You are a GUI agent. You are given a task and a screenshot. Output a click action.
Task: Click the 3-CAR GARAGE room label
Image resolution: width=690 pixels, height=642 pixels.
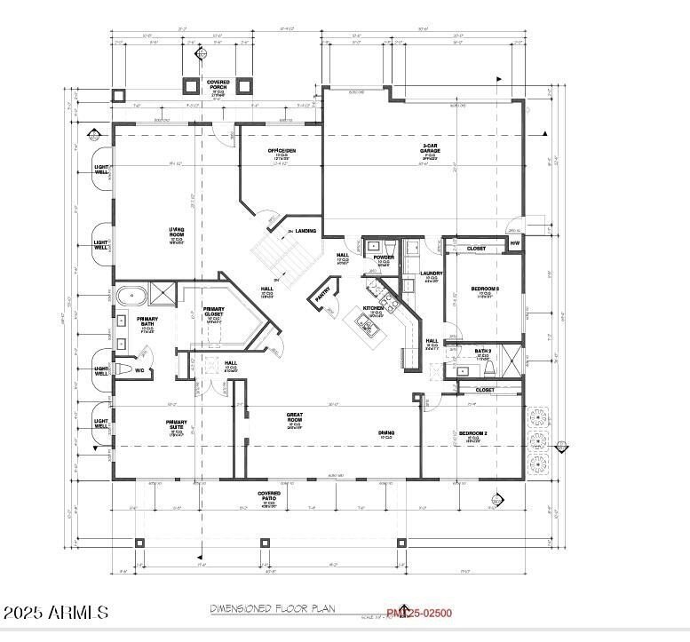(431, 148)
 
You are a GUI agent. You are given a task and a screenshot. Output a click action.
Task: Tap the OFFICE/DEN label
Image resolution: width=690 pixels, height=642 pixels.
(282, 151)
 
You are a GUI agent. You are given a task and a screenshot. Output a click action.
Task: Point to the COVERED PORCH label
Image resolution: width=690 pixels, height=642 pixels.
(218, 85)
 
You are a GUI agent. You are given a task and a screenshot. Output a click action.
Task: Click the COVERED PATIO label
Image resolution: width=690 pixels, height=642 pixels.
(269, 494)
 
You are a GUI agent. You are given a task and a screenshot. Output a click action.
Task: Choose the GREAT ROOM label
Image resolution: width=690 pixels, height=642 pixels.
(294, 416)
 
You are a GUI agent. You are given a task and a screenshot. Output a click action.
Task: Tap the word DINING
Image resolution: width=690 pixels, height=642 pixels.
(387, 432)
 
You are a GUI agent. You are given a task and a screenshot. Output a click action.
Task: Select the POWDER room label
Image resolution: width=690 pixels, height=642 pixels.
(384, 258)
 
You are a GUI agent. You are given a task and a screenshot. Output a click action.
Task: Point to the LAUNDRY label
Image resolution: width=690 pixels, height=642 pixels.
(432, 273)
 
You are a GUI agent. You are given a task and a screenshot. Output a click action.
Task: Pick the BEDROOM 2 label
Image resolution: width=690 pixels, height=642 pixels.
(472, 432)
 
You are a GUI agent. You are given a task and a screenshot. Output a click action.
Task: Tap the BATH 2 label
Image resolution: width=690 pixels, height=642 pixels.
(483, 352)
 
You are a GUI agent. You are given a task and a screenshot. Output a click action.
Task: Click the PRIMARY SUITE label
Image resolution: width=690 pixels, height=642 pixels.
(176, 424)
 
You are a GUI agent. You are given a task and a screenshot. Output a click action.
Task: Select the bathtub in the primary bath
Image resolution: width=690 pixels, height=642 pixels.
(131, 294)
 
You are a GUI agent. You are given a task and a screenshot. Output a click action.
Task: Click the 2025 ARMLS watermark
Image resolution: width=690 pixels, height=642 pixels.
(56, 613)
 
